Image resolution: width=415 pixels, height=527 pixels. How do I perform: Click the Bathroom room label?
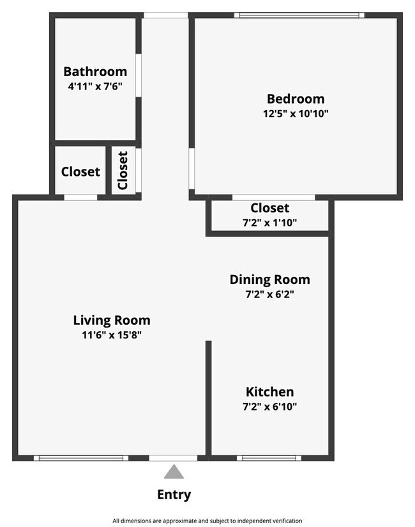(x=95, y=72)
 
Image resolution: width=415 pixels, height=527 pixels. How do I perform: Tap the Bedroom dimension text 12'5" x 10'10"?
(x=296, y=114)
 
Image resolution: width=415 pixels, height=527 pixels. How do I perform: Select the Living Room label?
(x=112, y=320)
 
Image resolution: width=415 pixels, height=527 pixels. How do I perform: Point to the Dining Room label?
(x=269, y=279)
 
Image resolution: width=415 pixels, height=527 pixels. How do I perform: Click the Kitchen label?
(x=269, y=391)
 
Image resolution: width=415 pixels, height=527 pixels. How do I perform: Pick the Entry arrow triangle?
(x=174, y=472)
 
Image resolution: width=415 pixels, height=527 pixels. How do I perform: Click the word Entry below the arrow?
(x=174, y=494)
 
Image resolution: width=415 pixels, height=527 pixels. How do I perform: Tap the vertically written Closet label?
(x=123, y=170)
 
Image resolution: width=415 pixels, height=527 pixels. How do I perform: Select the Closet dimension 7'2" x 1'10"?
(x=269, y=223)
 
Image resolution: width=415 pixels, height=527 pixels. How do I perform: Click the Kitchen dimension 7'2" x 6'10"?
(x=269, y=406)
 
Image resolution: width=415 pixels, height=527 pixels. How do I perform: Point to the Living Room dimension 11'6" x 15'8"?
(x=112, y=335)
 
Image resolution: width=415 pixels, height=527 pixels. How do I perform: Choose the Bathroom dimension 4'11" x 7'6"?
(x=95, y=86)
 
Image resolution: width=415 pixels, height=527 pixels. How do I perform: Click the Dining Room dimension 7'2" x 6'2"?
(x=269, y=294)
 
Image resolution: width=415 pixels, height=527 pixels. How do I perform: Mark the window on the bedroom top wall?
(x=299, y=15)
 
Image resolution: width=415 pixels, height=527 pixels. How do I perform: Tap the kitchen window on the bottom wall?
(x=269, y=458)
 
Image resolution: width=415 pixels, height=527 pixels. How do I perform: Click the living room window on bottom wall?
(x=80, y=458)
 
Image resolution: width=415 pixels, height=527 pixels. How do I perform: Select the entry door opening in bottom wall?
(x=173, y=458)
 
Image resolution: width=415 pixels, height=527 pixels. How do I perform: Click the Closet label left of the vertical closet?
(x=80, y=171)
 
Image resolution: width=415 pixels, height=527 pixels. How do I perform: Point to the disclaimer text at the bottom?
(x=207, y=521)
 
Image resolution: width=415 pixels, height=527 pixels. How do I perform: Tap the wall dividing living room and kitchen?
(x=208, y=397)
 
